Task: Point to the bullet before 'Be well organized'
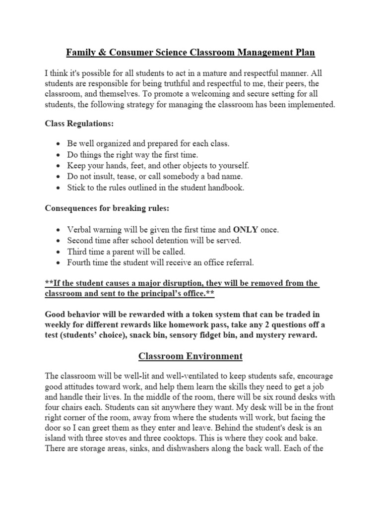pos(59,144)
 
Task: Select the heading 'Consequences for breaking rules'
pos(107,209)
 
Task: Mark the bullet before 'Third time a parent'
pos(59,252)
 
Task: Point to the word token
pos(208,315)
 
